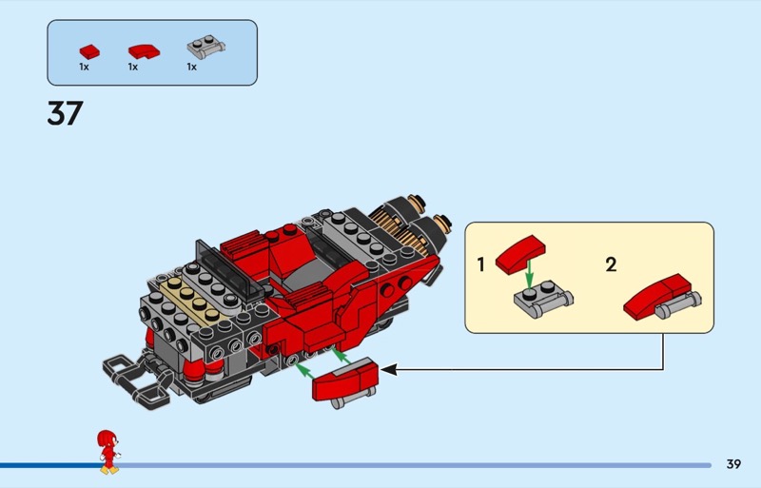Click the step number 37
point(65,114)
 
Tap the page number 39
point(733,464)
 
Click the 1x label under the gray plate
point(191,68)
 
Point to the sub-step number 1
point(481,264)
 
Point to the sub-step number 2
point(611,264)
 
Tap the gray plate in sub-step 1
point(540,301)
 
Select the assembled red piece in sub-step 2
point(658,296)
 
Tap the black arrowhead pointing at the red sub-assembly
point(387,368)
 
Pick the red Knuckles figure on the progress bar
point(109,451)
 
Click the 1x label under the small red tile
point(84,68)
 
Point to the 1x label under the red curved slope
point(133,68)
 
